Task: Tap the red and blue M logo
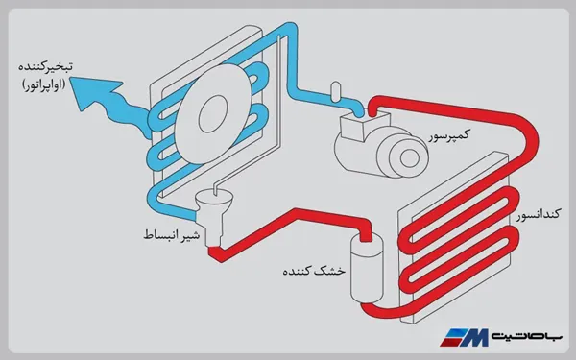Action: coord(468,336)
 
